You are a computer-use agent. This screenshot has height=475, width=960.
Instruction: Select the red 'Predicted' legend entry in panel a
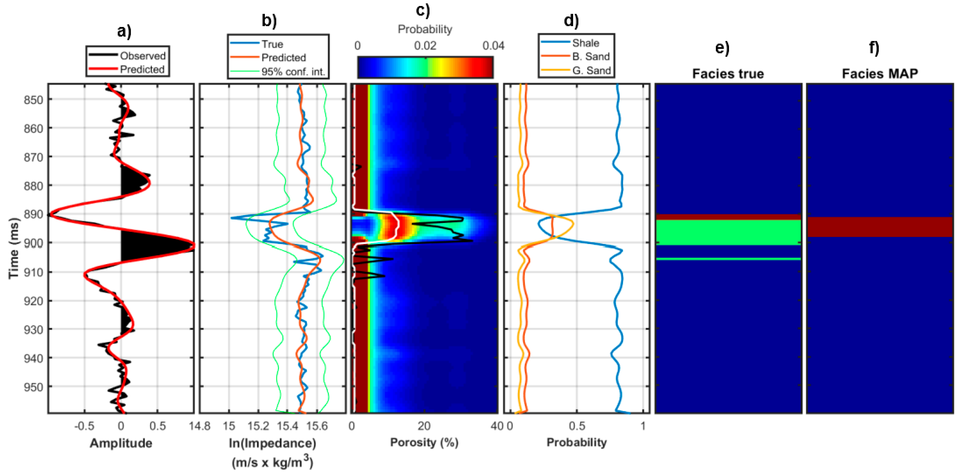point(142,69)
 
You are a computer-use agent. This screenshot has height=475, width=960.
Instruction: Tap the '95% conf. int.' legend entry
point(293,72)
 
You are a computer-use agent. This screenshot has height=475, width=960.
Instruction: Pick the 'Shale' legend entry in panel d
point(585,43)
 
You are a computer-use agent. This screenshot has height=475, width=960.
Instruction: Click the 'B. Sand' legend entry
point(591,57)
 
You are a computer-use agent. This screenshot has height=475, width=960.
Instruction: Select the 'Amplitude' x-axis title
point(121,443)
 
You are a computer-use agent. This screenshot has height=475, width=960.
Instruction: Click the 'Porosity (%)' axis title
point(424,442)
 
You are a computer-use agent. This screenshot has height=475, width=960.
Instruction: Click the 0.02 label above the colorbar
point(425,46)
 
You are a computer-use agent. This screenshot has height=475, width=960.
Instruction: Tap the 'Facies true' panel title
point(728,74)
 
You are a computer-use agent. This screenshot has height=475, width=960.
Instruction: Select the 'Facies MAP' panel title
point(879,74)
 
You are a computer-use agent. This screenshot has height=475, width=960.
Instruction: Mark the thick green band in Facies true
point(728,232)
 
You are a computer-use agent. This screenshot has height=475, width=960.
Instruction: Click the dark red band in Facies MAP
point(879,227)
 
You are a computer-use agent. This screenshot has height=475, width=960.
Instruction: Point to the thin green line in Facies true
point(728,259)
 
